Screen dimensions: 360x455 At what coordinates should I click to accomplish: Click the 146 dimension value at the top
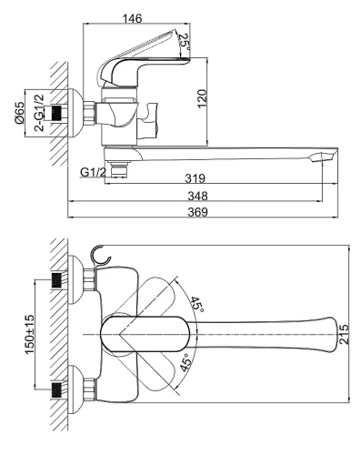[132, 18]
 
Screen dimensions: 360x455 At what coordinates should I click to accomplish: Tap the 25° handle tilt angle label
[185, 42]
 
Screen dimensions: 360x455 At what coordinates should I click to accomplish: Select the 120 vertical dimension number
[202, 98]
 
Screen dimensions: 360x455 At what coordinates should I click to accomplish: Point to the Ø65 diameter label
[19, 113]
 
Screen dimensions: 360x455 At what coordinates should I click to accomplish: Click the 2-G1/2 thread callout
[39, 113]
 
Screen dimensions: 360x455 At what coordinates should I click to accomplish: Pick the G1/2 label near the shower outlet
[94, 172]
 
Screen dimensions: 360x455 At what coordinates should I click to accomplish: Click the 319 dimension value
[195, 178]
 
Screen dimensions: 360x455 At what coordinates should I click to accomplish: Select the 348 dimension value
[197, 196]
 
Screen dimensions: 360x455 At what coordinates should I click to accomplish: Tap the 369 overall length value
[197, 212]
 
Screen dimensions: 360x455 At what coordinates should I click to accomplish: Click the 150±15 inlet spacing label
[30, 334]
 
